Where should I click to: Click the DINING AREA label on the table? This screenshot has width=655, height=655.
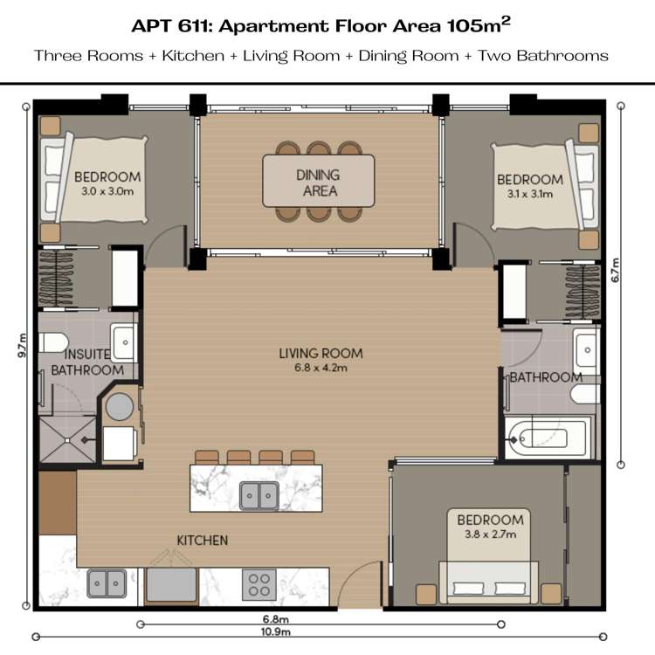coord(318,183)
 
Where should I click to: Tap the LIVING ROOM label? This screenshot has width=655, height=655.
coord(321,354)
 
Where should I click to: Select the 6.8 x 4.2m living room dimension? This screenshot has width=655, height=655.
coord(321,368)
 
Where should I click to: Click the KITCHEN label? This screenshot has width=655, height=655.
coord(203,540)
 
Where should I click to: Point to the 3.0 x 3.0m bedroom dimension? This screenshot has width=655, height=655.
coord(107,192)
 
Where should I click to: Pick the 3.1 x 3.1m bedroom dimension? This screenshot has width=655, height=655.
coord(530,194)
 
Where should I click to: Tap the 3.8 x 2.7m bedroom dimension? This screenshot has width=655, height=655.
coord(491,534)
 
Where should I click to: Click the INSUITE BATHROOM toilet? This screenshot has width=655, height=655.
coord(53,342)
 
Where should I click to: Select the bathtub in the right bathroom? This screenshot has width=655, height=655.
coord(548,438)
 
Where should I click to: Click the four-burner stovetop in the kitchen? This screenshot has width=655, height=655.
coord(259,585)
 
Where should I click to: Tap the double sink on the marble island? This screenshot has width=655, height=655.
coord(259,496)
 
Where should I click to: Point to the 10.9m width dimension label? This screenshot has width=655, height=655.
coord(276,631)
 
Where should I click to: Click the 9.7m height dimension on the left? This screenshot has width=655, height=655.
coord(22,345)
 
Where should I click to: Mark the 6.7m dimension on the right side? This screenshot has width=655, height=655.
coord(616,270)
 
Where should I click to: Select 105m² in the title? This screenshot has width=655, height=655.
coord(479,25)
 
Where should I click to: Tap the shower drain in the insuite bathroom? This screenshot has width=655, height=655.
coord(67,440)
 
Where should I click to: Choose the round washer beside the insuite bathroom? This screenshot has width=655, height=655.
coord(120,406)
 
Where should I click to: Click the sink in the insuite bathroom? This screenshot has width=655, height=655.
coord(124,342)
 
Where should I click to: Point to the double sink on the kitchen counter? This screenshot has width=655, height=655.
coord(107,583)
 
